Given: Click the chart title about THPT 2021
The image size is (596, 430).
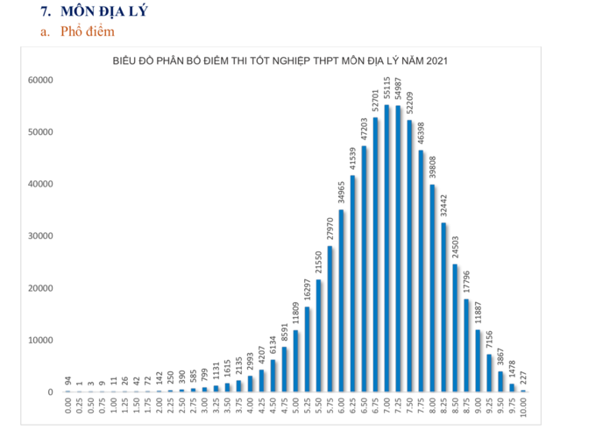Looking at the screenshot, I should tap(280, 60).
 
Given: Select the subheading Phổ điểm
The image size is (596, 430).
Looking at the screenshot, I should tap(87, 32).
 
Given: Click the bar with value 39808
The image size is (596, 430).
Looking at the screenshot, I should tap(432, 288).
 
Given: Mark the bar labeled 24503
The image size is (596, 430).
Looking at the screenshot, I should tap(455, 328).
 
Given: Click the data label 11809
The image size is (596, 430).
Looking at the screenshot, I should tap(295, 314).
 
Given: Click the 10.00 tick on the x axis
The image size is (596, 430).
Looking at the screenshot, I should tap(523, 409).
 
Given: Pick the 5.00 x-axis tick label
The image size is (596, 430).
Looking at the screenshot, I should tap(295, 407).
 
